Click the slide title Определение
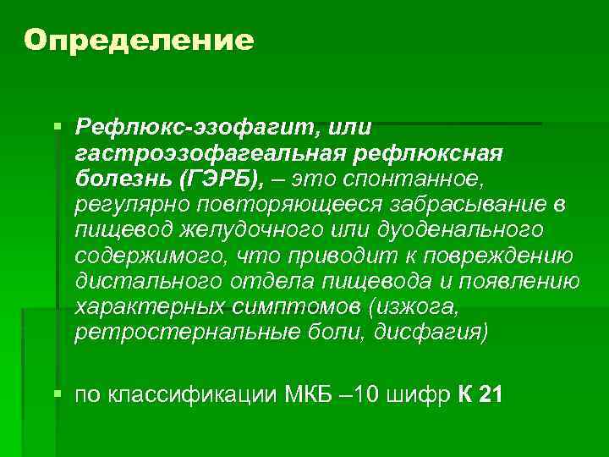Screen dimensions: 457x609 pos(139,40)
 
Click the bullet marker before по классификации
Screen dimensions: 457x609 pos(58,394)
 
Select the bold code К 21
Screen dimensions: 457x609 pos(479,396)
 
